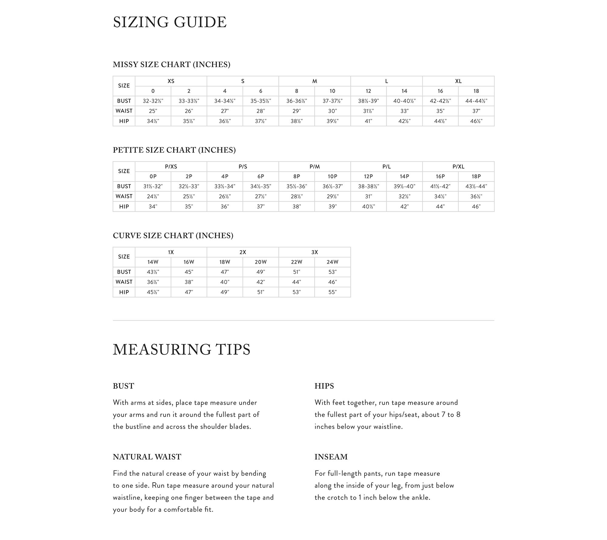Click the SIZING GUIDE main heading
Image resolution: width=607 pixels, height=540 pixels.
(x=170, y=22)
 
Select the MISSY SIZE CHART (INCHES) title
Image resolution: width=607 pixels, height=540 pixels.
(x=171, y=64)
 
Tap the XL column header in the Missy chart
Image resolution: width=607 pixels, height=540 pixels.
(x=458, y=81)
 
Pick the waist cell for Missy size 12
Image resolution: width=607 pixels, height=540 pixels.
(x=368, y=111)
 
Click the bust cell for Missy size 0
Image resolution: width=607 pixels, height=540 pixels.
(x=153, y=101)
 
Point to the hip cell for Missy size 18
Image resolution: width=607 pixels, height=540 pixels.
(x=476, y=121)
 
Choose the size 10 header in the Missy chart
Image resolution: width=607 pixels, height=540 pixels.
(x=333, y=91)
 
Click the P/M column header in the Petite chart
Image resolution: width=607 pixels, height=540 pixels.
(x=315, y=166)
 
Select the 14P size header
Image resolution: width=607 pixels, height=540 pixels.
(x=404, y=176)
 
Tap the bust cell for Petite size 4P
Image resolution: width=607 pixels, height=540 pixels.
(x=225, y=186)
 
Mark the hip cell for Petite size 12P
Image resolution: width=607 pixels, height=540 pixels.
(x=368, y=207)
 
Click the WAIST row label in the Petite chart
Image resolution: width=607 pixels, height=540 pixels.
(x=124, y=196)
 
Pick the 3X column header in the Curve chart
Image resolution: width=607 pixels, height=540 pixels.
(x=315, y=252)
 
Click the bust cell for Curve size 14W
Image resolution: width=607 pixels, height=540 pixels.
(x=153, y=272)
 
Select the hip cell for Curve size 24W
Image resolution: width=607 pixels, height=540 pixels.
(x=333, y=292)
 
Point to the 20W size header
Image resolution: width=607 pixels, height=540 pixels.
(x=261, y=262)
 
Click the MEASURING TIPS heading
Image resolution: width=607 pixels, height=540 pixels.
(x=181, y=349)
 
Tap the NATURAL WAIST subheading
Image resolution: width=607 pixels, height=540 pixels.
(x=147, y=457)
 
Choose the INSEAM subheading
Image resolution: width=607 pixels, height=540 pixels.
(x=331, y=457)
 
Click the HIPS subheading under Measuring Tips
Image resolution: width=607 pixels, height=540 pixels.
(x=324, y=386)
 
